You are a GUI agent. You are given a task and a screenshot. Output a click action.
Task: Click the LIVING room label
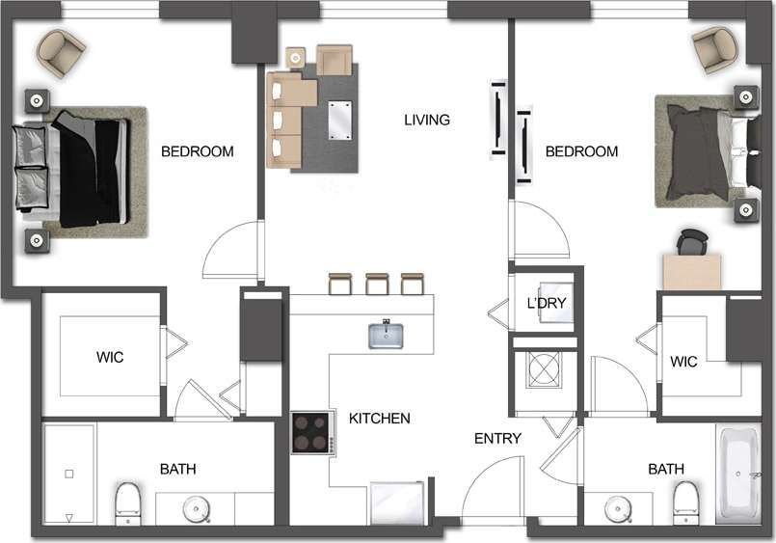pos(426,120)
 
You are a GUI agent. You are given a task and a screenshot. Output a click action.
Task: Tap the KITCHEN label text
pos(379,419)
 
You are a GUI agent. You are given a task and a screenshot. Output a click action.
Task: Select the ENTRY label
pos(497,439)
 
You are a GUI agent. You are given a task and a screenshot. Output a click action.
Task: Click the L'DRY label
pos(546,303)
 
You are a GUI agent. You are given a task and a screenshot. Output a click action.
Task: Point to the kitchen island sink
pos(386,334)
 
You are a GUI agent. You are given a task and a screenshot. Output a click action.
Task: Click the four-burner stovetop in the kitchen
pos(312,433)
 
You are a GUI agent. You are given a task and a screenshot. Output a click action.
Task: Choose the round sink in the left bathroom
pos(199,507)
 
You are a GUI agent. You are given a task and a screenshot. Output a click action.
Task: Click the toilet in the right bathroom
pos(685,500)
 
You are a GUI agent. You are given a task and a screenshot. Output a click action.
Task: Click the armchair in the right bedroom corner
pos(714,48)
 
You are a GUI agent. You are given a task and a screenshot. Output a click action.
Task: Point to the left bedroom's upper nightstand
pos(38,99)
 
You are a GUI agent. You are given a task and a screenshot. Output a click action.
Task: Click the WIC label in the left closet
pos(110,357)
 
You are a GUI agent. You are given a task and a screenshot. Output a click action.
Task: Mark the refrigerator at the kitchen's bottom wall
pos(398,503)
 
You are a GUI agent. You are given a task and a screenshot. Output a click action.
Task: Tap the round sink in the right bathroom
pos(617,507)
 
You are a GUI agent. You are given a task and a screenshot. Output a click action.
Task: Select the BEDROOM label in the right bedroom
pos(581,151)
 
